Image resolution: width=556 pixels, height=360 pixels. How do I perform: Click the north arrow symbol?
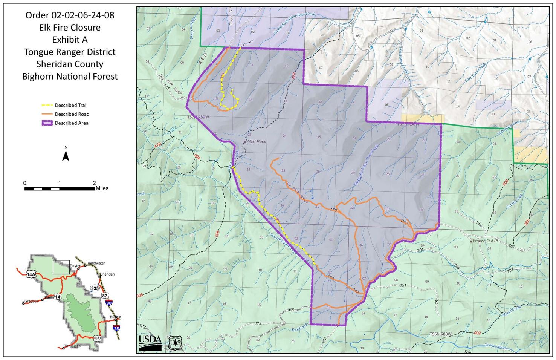pos(66,155)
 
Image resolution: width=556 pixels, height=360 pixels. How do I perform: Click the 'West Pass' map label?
pos(256,142)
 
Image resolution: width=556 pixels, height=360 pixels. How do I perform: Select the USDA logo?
pos(150,342)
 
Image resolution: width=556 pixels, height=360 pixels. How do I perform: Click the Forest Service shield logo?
pos(175,342)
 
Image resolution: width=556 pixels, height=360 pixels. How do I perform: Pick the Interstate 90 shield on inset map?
pos(109,302)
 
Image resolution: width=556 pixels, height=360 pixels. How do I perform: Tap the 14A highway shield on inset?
pos(31,274)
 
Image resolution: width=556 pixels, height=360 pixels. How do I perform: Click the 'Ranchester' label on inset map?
pos(95,263)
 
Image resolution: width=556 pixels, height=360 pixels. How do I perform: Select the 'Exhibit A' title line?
pos(70,40)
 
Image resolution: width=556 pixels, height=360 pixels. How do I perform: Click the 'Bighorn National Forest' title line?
pos(70,76)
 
